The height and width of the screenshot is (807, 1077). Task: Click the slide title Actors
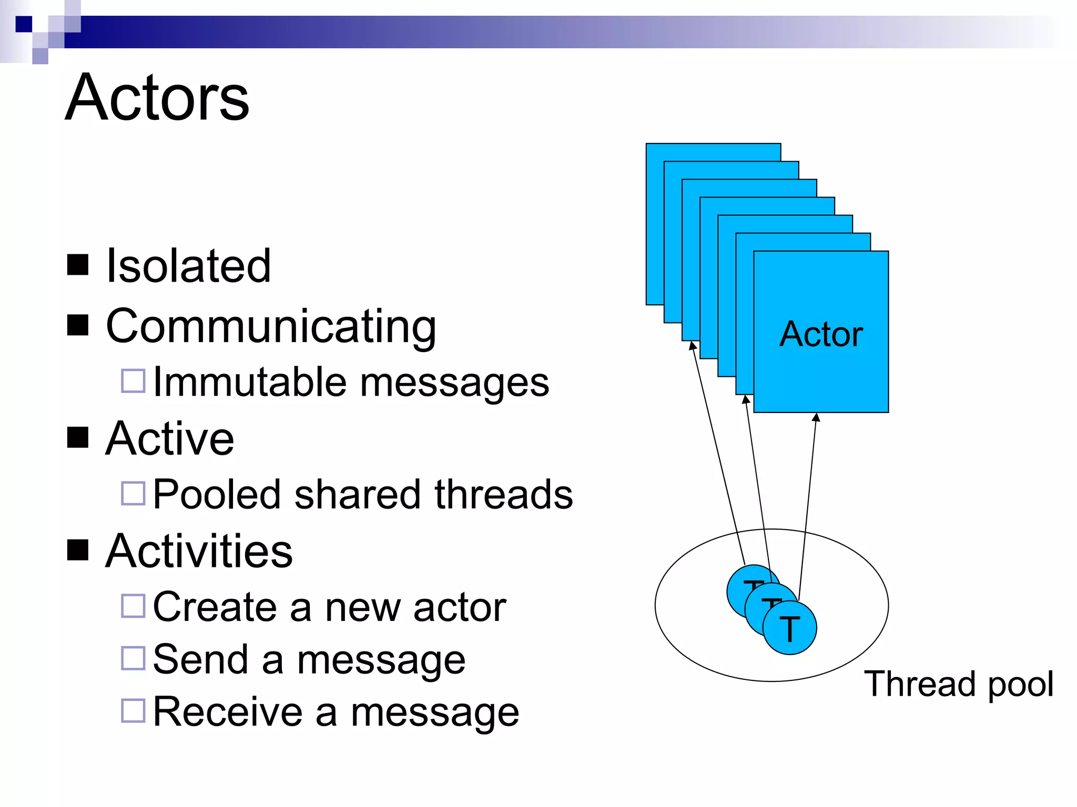[x=157, y=98]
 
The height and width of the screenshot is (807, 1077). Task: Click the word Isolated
[x=188, y=266]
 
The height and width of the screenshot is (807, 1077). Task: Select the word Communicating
[x=271, y=327]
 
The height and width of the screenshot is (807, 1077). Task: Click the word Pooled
[x=217, y=495]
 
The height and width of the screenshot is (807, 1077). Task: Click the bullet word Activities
[x=199, y=551]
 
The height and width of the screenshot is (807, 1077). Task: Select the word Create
[x=215, y=607]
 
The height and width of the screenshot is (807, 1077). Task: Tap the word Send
[x=200, y=659]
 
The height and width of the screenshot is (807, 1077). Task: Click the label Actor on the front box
[x=821, y=334]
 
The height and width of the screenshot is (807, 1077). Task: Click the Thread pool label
[x=959, y=684]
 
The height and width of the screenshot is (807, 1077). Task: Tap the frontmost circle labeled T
[x=790, y=628]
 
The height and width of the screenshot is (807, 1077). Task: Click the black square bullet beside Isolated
[x=78, y=265]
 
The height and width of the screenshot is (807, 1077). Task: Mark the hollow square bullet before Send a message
[x=133, y=658]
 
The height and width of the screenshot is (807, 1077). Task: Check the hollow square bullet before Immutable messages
[x=133, y=381]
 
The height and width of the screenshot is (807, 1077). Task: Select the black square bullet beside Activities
[x=78, y=550]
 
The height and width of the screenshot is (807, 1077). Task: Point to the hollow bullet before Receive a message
[x=133, y=711]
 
